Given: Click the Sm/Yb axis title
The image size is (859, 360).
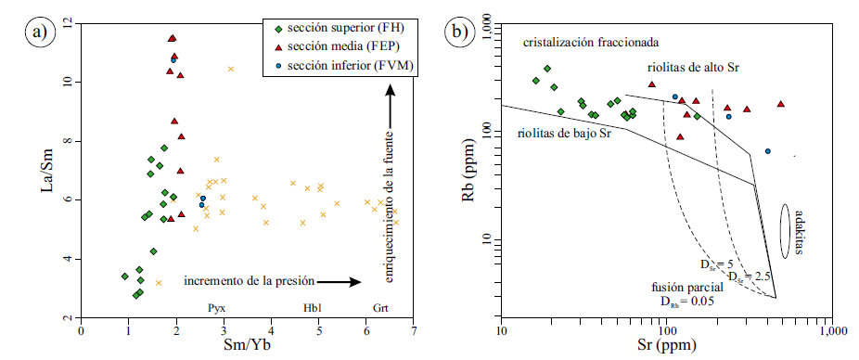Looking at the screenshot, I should pos(246,349).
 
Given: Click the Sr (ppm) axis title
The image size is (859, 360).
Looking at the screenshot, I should pos(665,349).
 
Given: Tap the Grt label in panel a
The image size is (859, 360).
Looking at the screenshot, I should pos(381,307).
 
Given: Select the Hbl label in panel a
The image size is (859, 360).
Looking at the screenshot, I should pos(313,307).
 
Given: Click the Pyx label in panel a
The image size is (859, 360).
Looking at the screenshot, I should pos(215,307).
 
